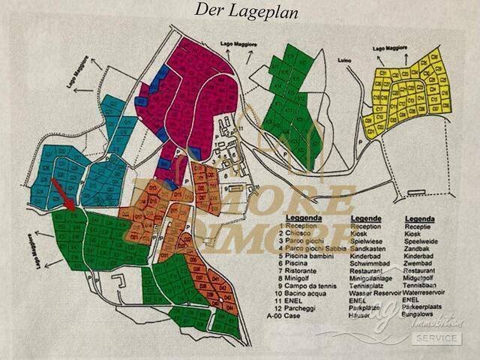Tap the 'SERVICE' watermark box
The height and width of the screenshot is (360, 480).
click(436, 338)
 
